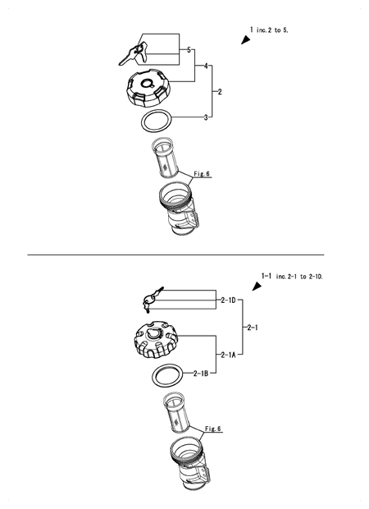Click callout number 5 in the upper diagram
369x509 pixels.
click(x=189, y=50)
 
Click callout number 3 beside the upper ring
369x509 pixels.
click(x=206, y=117)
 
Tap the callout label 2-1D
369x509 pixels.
click(x=228, y=301)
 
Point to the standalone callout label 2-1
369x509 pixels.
click(x=253, y=328)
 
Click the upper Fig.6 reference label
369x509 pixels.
click(x=202, y=174)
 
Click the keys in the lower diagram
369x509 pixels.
click(x=151, y=299)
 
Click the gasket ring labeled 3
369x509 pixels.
click(x=156, y=122)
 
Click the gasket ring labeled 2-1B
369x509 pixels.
click(x=168, y=377)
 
